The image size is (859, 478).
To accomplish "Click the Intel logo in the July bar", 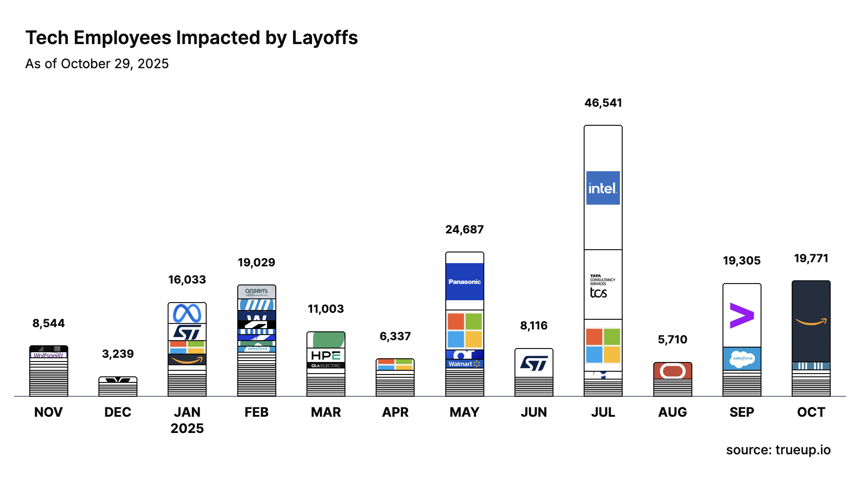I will click(x=603, y=188).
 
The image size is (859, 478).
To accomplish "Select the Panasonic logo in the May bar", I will click(x=464, y=282).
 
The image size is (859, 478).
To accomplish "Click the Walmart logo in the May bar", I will click(x=464, y=364).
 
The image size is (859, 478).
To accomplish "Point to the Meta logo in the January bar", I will click(x=187, y=313).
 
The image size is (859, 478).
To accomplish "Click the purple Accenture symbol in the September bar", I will click(x=742, y=316).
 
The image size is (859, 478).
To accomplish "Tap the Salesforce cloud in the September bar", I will click(x=742, y=358).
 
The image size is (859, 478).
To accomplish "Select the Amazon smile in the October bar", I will click(x=811, y=321).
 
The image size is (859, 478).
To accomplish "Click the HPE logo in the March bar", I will click(x=325, y=355).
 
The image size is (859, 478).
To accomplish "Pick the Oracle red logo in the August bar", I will click(x=672, y=371).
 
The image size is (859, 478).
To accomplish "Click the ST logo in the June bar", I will click(x=534, y=363).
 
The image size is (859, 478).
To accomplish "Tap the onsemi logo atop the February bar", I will click(x=256, y=291).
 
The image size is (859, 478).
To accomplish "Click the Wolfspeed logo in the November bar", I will click(x=48, y=355).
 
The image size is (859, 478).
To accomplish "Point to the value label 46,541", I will click(x=603, y=103).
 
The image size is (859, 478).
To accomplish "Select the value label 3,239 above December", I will click(x=118, y=354).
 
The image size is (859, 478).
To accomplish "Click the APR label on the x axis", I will click(x=395, y=412).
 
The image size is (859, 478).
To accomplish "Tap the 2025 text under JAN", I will click(x=187, y=428).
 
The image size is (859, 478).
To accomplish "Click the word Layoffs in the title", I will click(x=325, y=38).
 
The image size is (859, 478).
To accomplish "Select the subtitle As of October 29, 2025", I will click(x=97, y=64).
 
